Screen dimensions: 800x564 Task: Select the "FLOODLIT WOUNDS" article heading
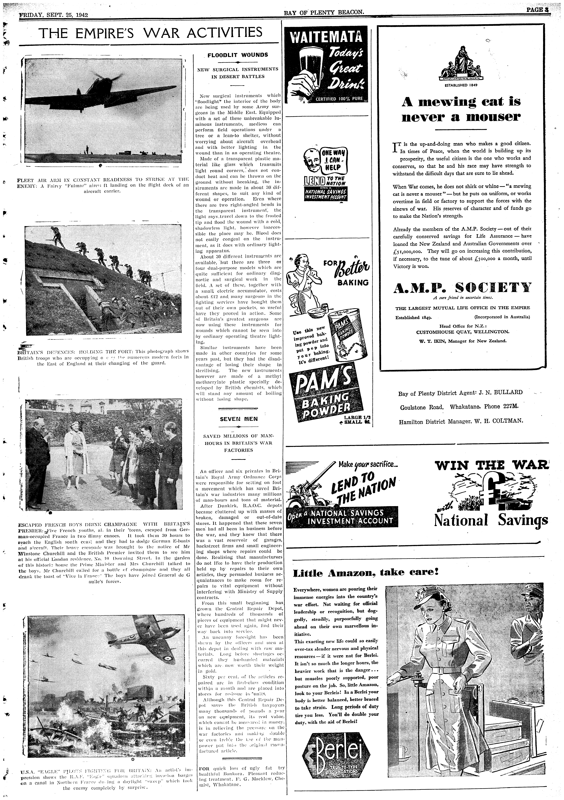pyautogui.click(x=238, y=55)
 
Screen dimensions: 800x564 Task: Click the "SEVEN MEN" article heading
pyautogui.click(x=239, y=419)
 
